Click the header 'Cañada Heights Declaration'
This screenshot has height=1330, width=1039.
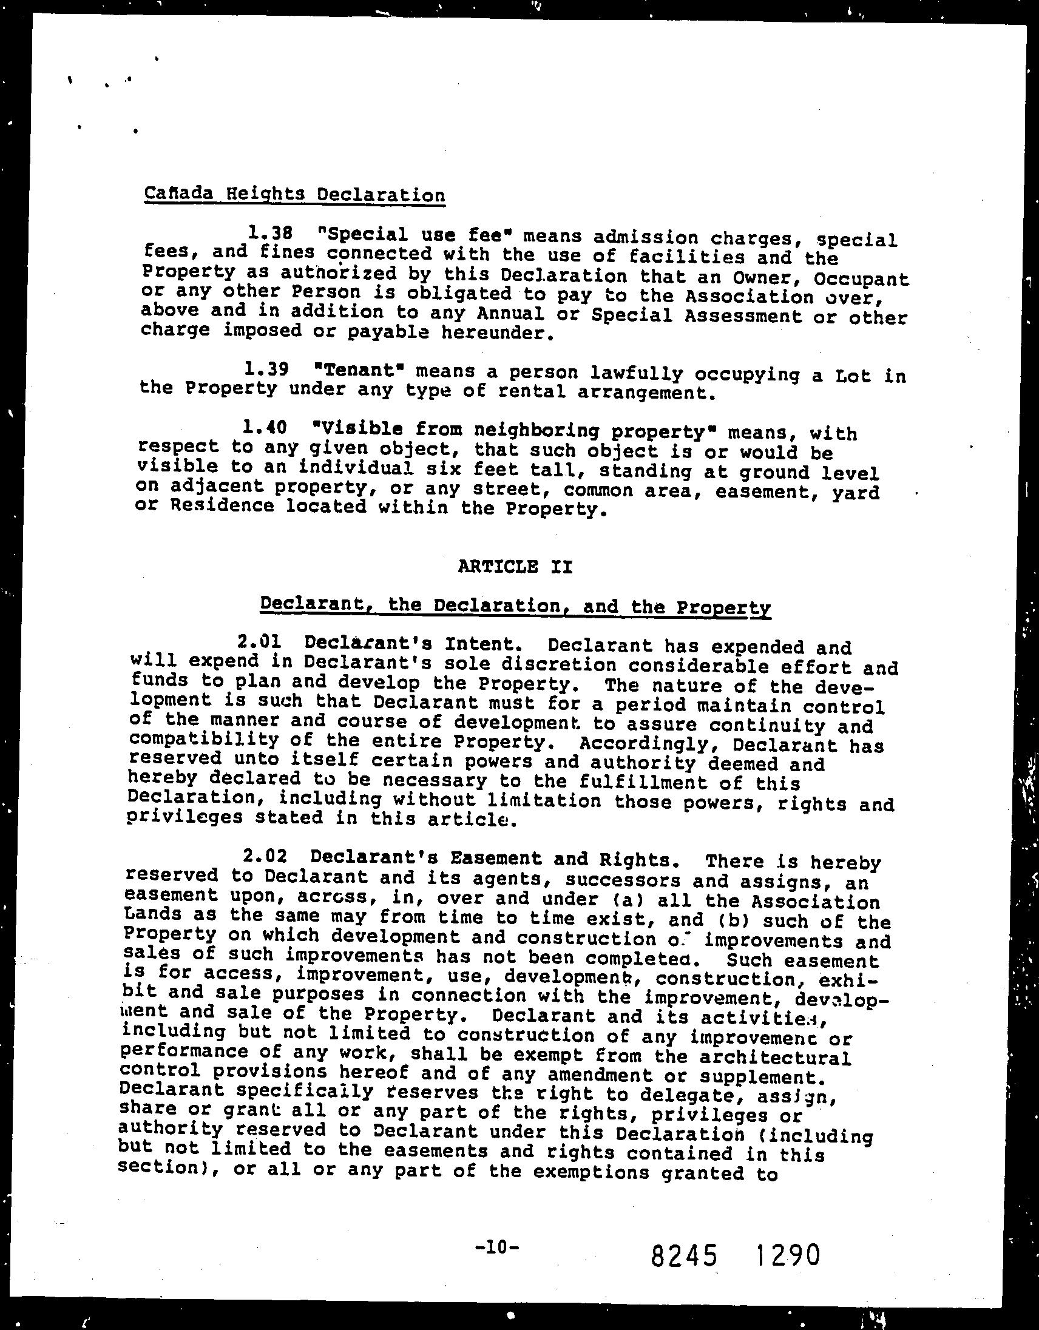pos(294,194)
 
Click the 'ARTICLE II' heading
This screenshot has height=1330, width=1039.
pos(515,566)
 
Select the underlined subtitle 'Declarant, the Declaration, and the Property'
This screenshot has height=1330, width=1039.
pos(515,606)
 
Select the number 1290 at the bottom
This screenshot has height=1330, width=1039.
pos(789,1255)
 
